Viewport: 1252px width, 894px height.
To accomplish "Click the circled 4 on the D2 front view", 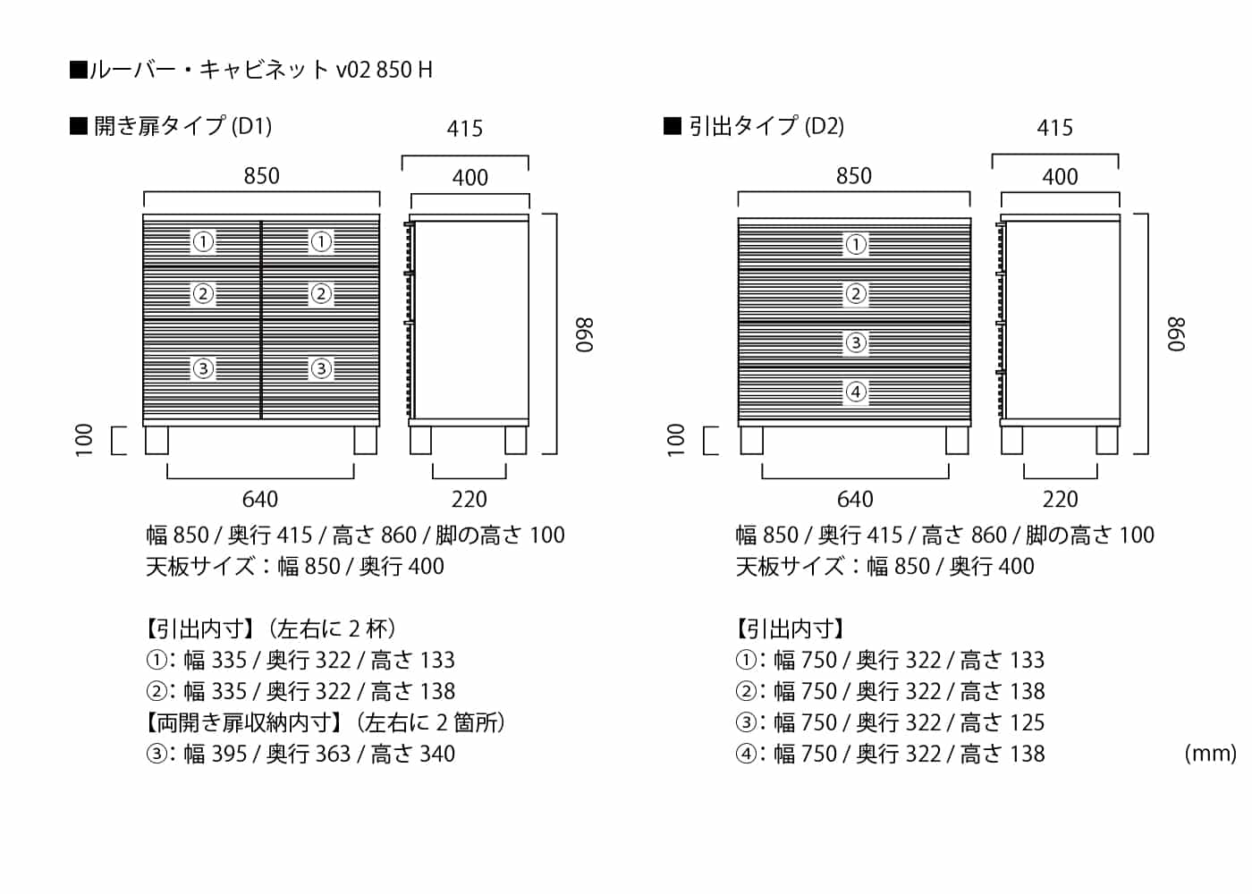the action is (x=856, y=392).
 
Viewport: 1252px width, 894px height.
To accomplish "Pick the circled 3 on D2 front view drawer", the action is (x=856, y=342).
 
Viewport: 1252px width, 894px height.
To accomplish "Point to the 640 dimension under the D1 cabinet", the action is (x=260, y=499).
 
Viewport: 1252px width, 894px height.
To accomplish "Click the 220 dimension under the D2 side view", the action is (x=1061, y=499).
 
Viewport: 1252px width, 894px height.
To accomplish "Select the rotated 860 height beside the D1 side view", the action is (x=585, y=335).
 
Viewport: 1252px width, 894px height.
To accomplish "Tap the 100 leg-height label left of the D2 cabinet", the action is (x=676, y=440).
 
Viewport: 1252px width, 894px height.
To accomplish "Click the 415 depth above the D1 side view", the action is (x=464, y=129).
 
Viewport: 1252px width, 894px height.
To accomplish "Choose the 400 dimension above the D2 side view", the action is (x=1060, y=177).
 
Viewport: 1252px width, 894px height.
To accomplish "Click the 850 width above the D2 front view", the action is (x=853, y=175).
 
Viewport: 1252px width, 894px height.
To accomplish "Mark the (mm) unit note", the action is (x=1211, y=753).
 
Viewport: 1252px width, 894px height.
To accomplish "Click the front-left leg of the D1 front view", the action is (x=156, y=440).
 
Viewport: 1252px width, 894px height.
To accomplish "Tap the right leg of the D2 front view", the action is (x=957, y=440).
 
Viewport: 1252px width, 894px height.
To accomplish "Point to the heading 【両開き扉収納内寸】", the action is (x=243, y=722).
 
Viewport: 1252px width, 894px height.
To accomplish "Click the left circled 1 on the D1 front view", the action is (x=203, y=242).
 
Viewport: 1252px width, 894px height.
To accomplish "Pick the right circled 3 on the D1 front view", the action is (x=321, y=368).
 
